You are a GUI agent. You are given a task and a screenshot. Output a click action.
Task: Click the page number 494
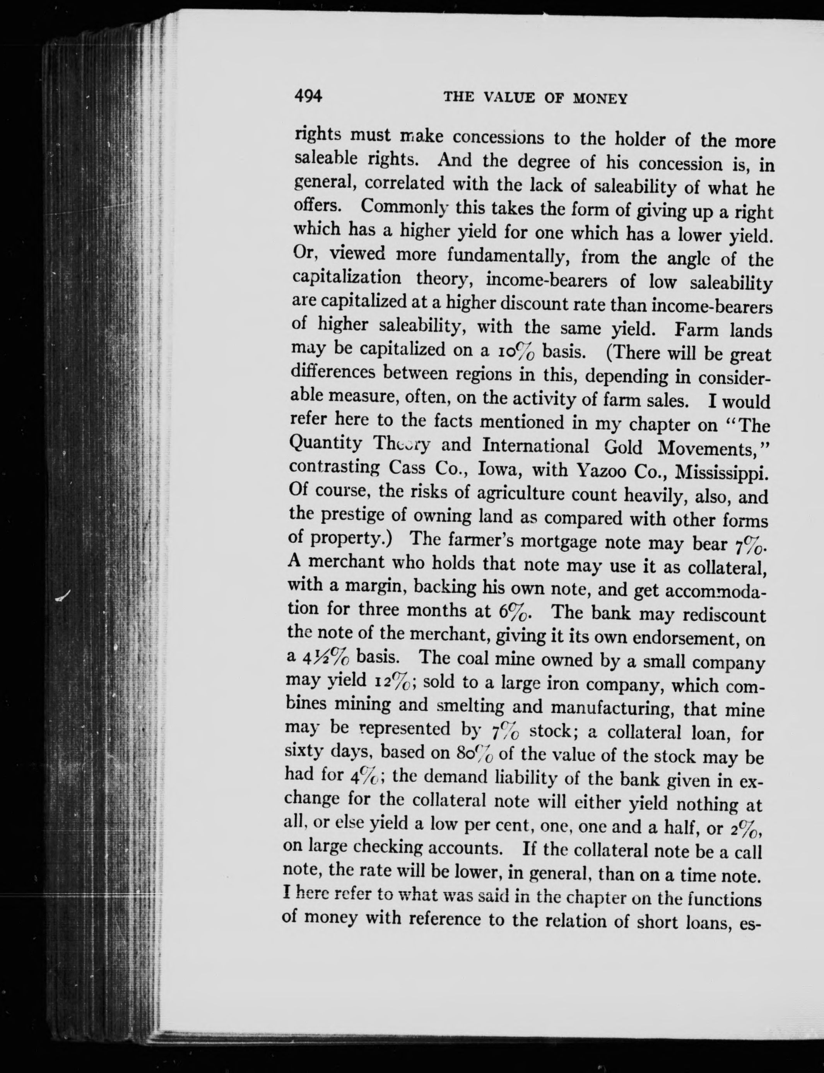[308, 96]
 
